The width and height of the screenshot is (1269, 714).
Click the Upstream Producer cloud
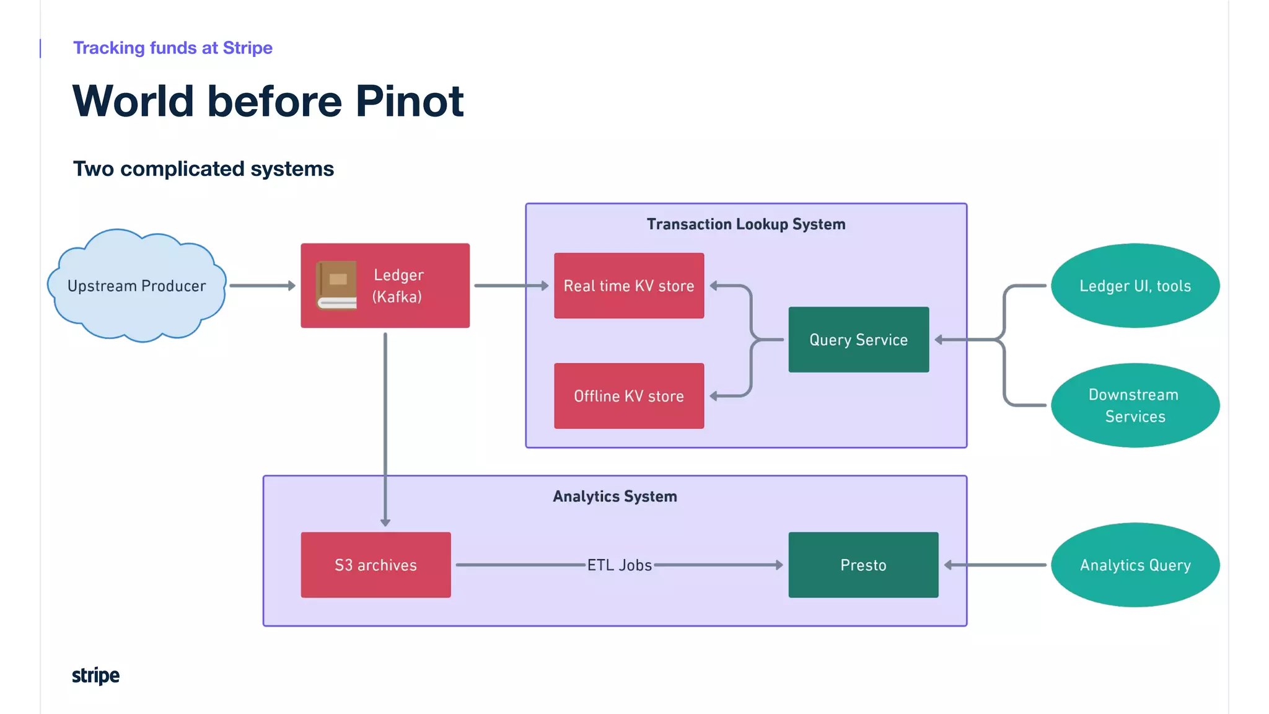[137, 286]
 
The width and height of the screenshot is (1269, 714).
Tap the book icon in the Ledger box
[336, 285]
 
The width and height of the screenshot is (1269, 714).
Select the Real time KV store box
[629, 286]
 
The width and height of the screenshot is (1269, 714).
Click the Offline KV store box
[629, 396]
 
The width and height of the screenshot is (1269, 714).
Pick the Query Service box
[858, 340]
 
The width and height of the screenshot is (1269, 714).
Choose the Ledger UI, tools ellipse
[1135, 286]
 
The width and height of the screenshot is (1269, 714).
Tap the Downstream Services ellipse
[1135, 405]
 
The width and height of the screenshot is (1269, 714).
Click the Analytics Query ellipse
[1135, 565]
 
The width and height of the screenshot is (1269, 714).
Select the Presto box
[863, 565]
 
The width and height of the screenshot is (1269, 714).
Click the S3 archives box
[375, 565]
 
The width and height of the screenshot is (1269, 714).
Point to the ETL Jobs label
[619, 565]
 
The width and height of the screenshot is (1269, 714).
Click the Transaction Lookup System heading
[746, 224]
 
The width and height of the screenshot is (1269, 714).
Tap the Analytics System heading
[615, 496]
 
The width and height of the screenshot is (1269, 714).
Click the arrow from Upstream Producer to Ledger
[262, 286]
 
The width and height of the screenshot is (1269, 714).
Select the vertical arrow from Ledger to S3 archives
[385, 428]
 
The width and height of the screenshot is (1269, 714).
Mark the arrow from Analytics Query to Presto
[995, 565]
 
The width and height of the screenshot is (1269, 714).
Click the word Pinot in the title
[410, 101]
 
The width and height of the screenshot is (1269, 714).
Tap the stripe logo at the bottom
[95, 676]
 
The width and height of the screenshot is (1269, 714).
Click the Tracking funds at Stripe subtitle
[173, 48]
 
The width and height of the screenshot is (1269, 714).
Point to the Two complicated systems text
[203, 169]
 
